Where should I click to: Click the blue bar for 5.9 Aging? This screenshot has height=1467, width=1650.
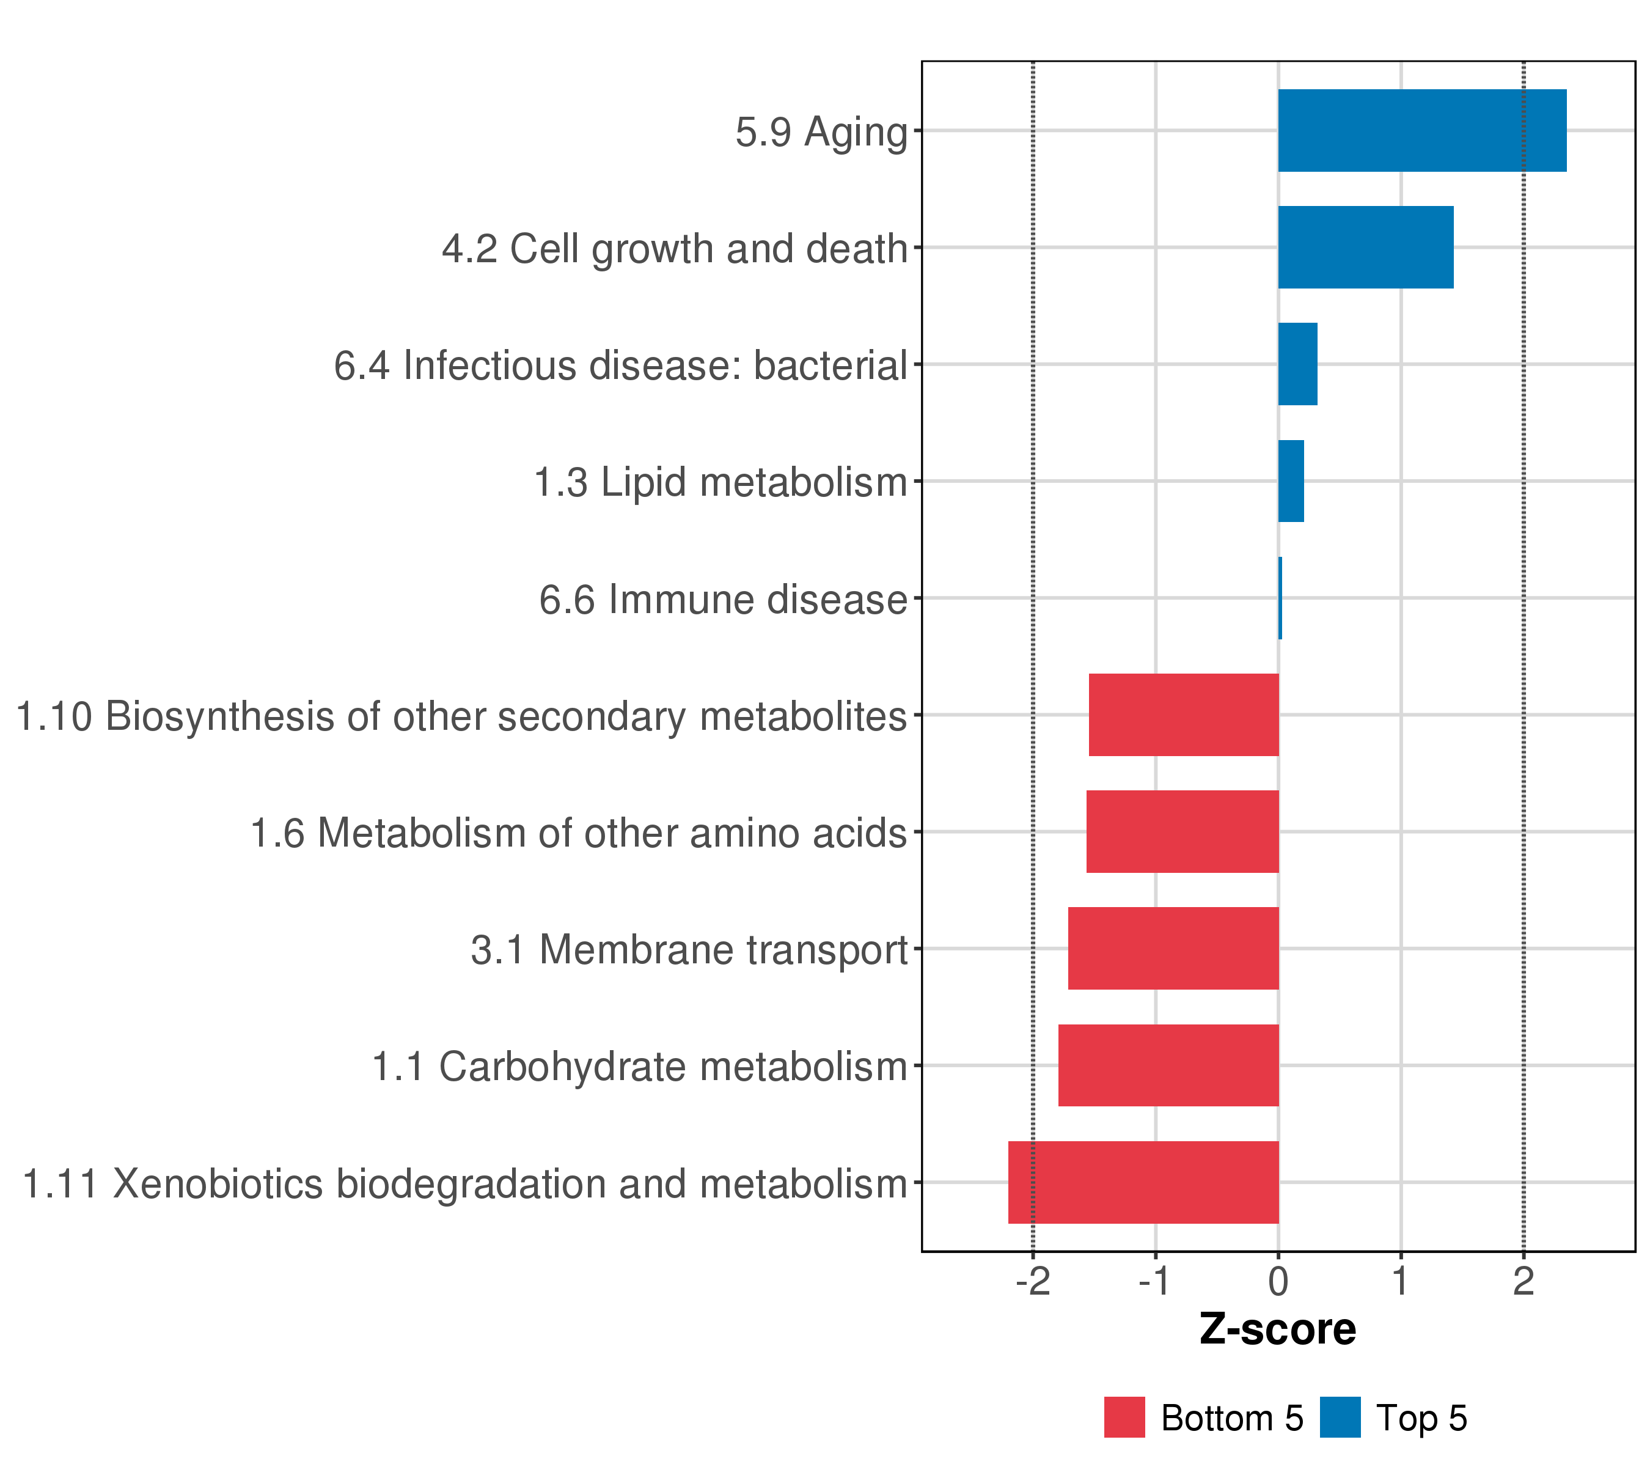tap(1421, 130)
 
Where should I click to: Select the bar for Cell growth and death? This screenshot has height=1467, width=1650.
tap(1365, 247)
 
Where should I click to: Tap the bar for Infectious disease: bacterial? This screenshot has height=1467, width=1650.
tap(1297, 364)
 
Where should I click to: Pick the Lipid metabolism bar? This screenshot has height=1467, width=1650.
tap(1291, 481)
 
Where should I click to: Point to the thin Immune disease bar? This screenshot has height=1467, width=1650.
tap(1280, 598)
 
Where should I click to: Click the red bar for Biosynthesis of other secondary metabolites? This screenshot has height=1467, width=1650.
tap(1183, 715)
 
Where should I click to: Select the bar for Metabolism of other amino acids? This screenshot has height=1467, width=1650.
tap(1182, 831)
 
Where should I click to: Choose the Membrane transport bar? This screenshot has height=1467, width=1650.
tap(1173, 949)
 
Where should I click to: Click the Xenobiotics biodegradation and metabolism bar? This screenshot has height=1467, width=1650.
tap(1143, 1182)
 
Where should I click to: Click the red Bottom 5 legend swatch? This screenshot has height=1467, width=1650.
tap(1124, 1417)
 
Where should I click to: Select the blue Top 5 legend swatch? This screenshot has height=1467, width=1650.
tap(1340, 1417)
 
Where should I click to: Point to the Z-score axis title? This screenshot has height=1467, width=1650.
tap(1278, 1329)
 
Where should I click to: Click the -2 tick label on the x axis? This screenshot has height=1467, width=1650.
tap(1032, 1281)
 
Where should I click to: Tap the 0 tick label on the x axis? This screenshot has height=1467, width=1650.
tap(1278, 1281)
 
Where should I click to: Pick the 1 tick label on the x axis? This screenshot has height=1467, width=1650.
tap(1401, 1281)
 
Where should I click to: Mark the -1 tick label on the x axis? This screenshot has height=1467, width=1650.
tap(1154, 1281)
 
